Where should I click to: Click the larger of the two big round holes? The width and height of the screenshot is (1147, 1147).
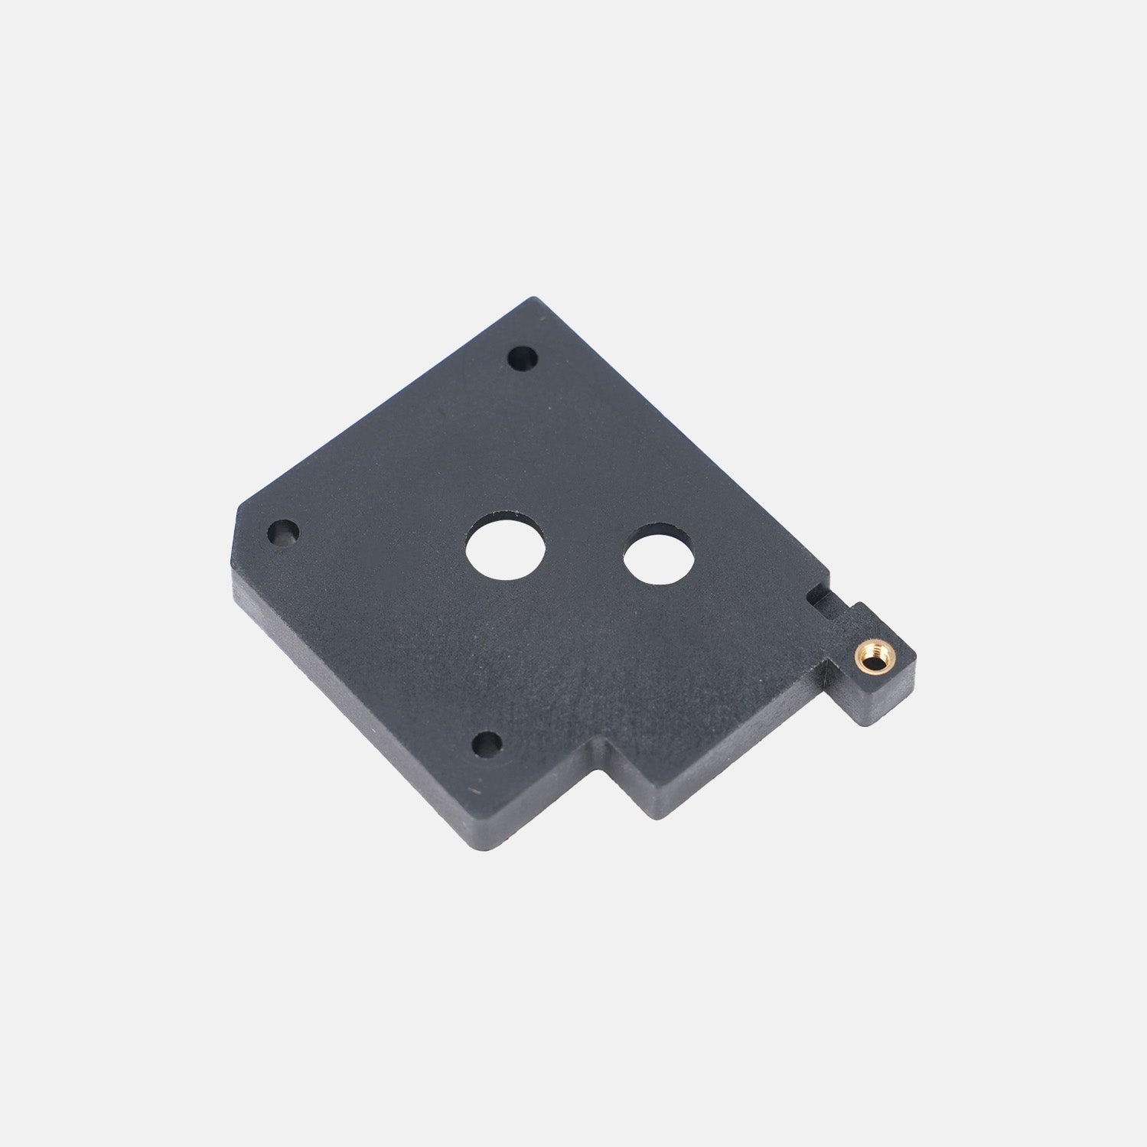point(506,551)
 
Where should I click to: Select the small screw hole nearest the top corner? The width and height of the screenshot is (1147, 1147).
point(523,357)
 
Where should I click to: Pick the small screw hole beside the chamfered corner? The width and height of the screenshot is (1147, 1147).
point(283,530)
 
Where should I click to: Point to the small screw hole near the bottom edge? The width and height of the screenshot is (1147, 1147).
point(487,741)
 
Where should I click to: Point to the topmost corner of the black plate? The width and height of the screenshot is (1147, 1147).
point(536,298)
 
